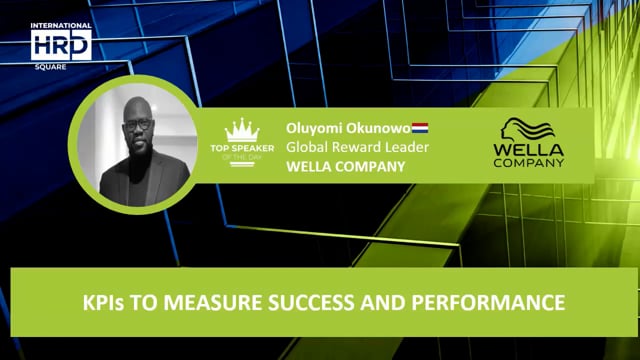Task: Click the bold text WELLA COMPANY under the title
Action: (x=345, y=167)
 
